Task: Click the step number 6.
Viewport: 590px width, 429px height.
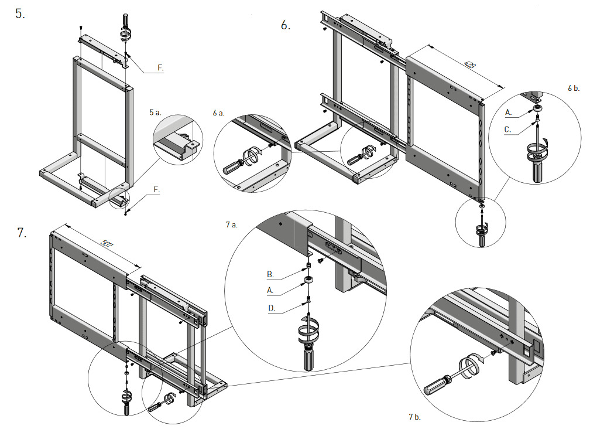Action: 286,25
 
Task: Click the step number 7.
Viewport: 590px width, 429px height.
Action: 22,233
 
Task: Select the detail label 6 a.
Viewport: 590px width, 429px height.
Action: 218,113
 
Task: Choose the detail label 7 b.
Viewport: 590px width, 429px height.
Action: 415,417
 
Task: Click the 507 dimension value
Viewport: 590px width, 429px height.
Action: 107,241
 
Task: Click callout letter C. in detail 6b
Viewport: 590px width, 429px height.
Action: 508,130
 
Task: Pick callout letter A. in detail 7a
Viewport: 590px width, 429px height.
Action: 270,290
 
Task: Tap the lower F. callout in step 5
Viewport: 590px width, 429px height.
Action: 156,190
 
